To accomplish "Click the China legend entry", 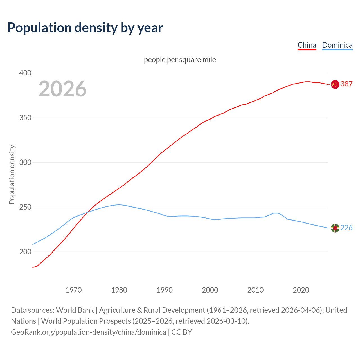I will [x=307, y=45].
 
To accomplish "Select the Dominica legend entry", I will [x=337, y=45].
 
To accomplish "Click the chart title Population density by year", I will [x=85, y=28].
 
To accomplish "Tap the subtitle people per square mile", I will [x=180, y=60].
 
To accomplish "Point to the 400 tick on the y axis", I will [x=25, y=73].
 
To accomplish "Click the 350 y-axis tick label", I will [x=25, y=118].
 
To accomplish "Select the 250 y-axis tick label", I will [x=25, y=207].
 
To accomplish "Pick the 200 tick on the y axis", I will [x=25, y=252].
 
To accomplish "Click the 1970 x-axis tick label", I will [x=74, y=290].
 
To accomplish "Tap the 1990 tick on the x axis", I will [x=165, y=290].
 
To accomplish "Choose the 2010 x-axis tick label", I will [x=255, y=290].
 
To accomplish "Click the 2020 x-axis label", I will [x=301, y=290].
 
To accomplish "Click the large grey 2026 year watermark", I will [x=62, y=89].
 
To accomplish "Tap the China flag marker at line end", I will [x=335, y=84].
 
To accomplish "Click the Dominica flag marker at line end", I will [x=335, y=228].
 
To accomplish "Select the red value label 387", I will [x=346, y=84].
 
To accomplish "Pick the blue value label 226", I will [x=346, y=228].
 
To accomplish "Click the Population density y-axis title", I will [x=12, y=174].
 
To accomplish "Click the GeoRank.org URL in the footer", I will [x=89, y=332].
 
